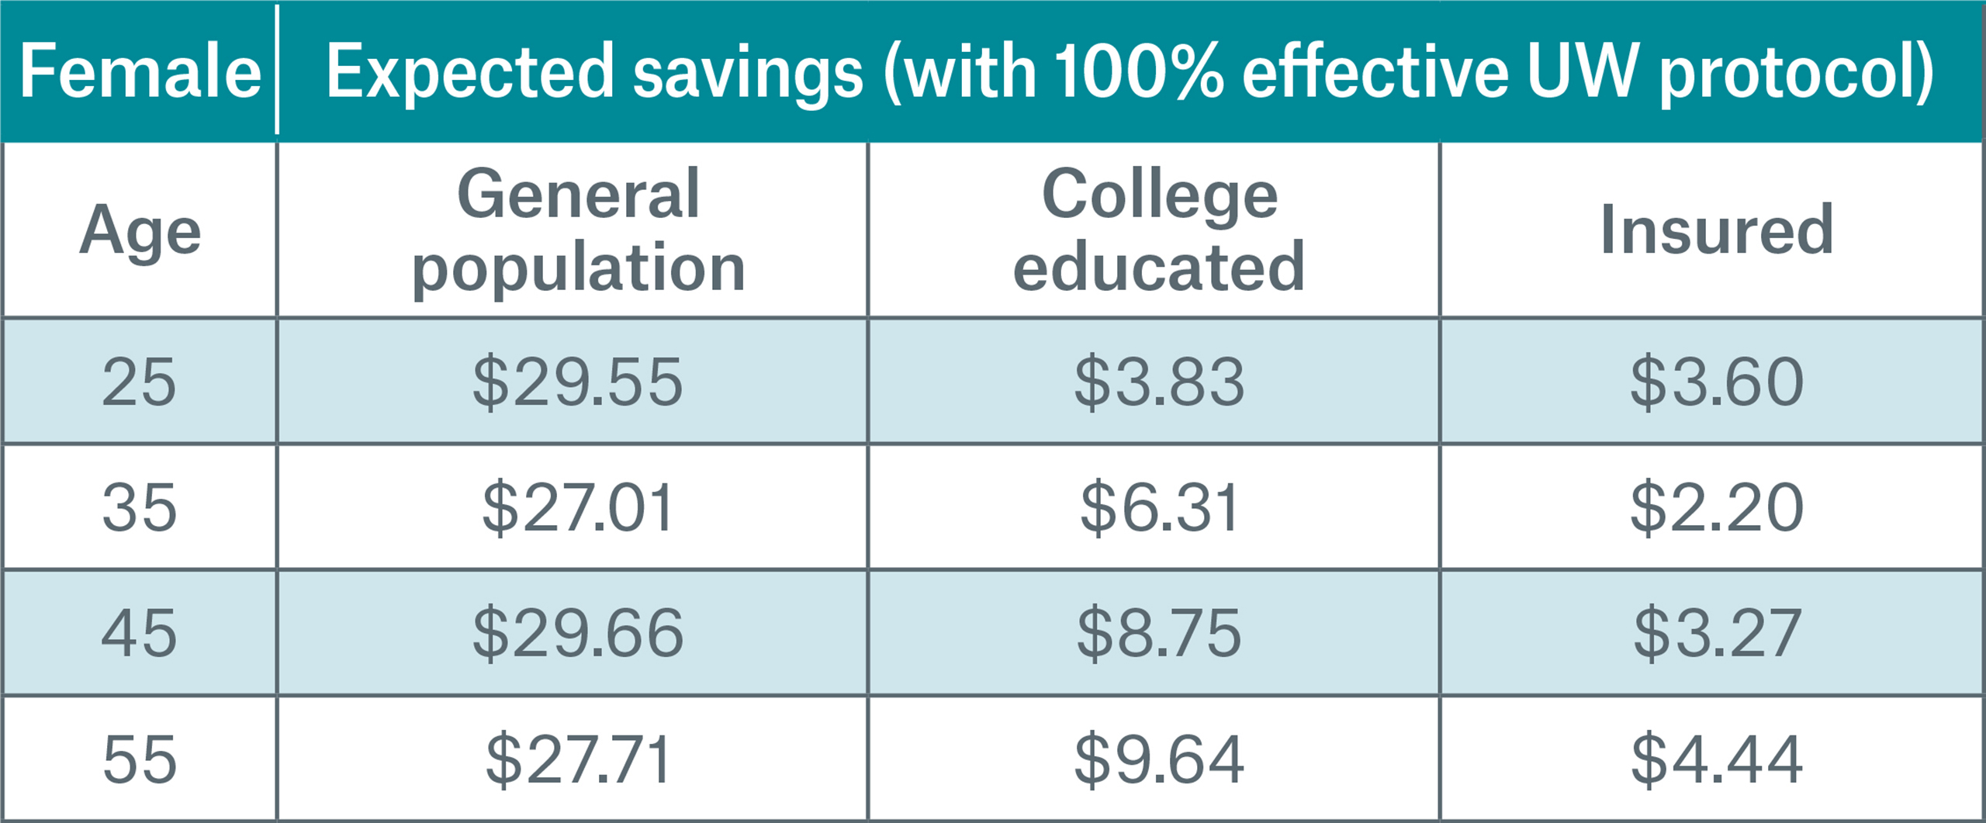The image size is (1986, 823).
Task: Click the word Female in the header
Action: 140,72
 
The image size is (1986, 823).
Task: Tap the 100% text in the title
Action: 1139,72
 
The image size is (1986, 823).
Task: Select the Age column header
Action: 140,231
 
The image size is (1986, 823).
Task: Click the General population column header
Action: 578,230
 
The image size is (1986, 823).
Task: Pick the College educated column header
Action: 1159,230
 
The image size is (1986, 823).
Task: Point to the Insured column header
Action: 1716,230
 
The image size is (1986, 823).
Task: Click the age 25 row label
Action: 140,382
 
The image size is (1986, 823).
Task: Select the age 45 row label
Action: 140,633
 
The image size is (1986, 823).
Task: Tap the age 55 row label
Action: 140,759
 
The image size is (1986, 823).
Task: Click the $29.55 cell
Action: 578,382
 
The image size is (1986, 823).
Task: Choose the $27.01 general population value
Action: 578,508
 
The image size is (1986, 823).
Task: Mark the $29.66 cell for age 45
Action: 578,633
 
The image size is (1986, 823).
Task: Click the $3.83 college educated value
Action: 1159,382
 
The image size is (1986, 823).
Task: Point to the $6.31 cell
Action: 1159,508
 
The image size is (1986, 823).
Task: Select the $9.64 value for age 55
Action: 1159,759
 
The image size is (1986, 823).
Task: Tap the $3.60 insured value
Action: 1716,382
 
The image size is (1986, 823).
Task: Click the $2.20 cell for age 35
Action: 1716,508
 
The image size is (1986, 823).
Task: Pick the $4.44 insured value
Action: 1716,759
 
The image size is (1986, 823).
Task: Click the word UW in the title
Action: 1583,72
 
